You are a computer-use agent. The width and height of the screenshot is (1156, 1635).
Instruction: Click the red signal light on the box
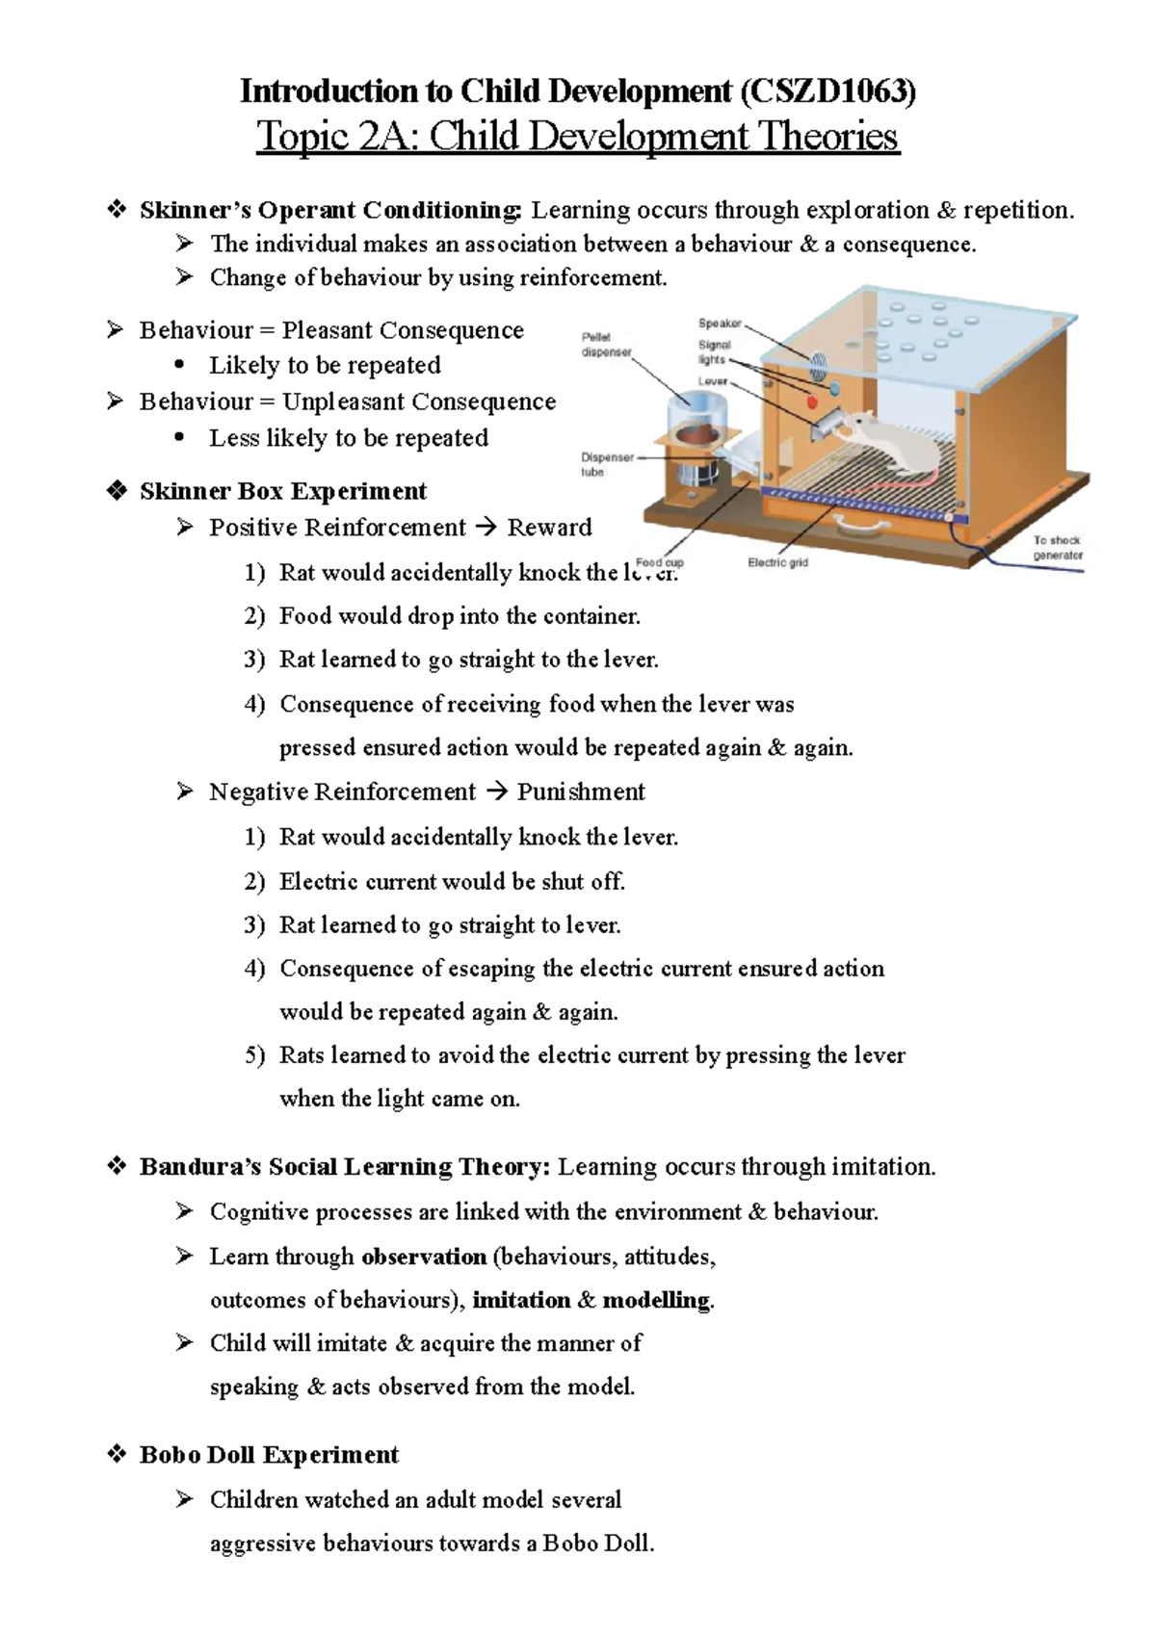click(x=811, y=401)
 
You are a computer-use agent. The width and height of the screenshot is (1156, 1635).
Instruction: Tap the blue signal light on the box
click(x=834, y=389)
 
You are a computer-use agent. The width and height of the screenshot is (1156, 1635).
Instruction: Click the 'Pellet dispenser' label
click(x=605, y=345)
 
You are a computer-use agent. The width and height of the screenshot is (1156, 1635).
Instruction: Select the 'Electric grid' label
click(x=777, y=562)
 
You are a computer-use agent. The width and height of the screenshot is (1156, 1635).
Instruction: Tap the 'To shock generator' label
click(x=1057, y=548)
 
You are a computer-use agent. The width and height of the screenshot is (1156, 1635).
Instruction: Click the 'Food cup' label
click(x=660, y=562)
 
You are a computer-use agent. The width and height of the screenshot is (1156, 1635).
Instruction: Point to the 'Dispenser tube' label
click(x=606, y=464)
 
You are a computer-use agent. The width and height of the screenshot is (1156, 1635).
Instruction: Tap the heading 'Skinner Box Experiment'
click(x=282, y=491)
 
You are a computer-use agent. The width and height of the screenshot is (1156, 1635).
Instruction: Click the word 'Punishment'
click(x=581, y=792)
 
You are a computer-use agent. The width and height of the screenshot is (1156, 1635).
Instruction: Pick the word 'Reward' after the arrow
click(x=549, y=528)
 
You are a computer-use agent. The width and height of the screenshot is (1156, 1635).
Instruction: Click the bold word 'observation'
click(x=424, y=1257)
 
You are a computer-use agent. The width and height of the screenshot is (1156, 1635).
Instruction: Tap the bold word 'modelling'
click(x=656, y=1300)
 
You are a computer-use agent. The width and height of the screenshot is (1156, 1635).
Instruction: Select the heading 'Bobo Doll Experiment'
click(x=269, y=1454)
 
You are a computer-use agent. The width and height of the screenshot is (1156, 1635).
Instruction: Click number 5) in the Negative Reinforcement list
click(x=254, y=1055)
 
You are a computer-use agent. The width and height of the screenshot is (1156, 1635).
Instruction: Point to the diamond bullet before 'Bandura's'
click(x=117, y=1166)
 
